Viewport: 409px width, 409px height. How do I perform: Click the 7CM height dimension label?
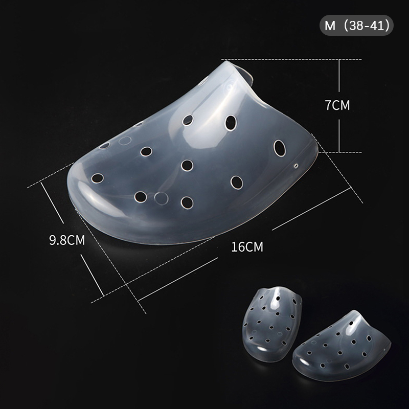click(337, 105)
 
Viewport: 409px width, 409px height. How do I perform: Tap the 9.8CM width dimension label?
click(67, 240)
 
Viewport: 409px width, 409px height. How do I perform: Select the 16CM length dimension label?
click(247, 247)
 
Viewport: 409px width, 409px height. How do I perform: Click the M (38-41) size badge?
click(356, 25)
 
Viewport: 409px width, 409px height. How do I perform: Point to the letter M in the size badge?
click(330, 26)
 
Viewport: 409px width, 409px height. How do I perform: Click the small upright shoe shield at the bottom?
click(272, 324)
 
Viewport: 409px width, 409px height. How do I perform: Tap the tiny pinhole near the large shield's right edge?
click(296, 166)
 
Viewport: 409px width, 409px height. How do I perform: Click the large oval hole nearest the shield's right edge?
click(279, 148)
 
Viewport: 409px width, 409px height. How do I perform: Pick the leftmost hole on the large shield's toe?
click(97, 178)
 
